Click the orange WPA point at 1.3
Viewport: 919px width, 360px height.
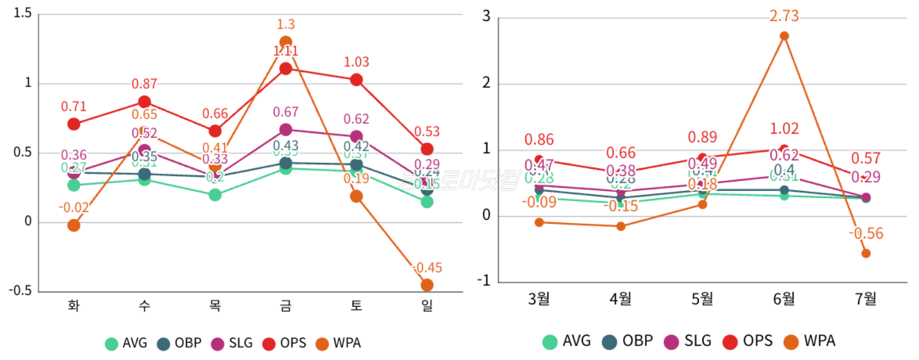(286, 42)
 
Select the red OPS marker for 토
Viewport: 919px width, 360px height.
(356, 80)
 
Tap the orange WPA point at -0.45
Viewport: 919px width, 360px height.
(427, 285)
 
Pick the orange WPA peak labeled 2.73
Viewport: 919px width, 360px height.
(784, 36)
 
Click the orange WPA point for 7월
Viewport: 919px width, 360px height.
(866, 253)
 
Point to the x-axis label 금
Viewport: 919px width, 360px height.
(286, 305)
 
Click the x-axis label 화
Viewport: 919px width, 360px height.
(74, 305)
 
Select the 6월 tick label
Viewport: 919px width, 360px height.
(784, 299)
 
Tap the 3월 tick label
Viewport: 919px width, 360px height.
(539, 299)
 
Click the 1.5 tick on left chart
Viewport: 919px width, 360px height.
(22, 13)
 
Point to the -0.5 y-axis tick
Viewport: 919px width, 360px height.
(20, 291)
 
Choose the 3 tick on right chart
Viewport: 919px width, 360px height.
(486, 16)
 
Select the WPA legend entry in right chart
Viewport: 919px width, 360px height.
(810, 341)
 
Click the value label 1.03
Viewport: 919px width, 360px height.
(356, 62)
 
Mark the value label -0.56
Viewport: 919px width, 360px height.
(866, 234)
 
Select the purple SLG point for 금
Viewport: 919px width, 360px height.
(286, 130)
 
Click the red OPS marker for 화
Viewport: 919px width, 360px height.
(74, 124)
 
